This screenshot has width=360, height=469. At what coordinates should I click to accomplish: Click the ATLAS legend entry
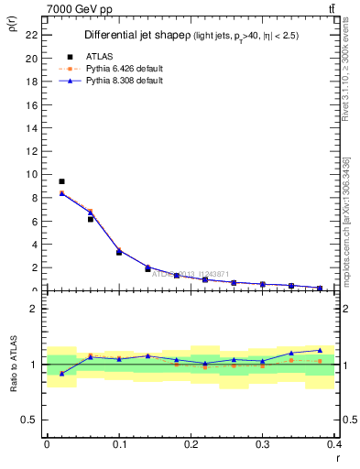pyautogui.click(x=100, y=56)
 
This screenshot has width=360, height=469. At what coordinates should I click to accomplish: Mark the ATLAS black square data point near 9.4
pyautogui.click(x=61, y=181)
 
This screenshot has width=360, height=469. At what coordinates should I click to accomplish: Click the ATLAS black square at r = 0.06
pyautogui.click(x=91, y=219)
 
